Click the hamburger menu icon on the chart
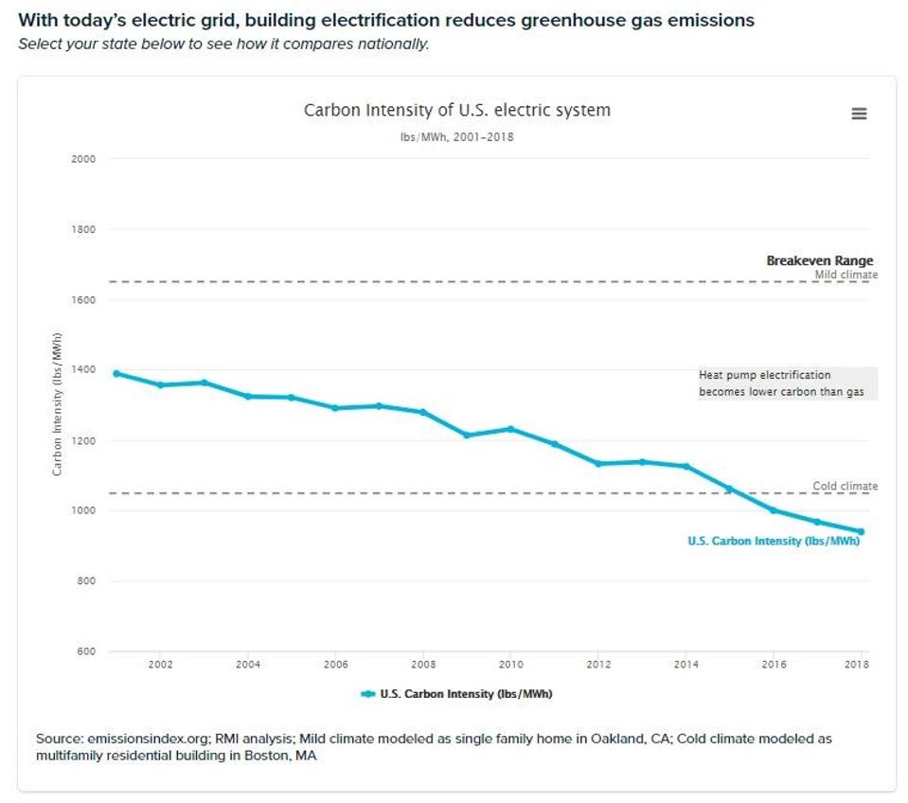pos(859,114)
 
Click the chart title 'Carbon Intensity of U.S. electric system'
pos(456,110)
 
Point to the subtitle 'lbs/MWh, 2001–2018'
pos(456,137)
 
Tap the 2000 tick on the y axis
pos(84,159)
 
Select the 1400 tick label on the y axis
pos(84,370)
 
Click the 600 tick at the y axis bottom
pos(84,651)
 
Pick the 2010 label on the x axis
pos(510,665)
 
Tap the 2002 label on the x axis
pos(160,665)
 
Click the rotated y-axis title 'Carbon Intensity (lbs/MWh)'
pos(58,404)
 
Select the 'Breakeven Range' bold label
pos(819,260)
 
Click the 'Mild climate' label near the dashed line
pos(846,275)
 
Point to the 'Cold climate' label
pos(845,486)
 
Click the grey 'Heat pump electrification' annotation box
pos(787,384)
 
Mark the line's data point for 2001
pos(116,373)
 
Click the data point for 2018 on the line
pos(861,531)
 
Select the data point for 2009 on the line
pos(467,435)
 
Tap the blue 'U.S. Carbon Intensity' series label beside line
pos(773,542)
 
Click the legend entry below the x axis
pos(456,694)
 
